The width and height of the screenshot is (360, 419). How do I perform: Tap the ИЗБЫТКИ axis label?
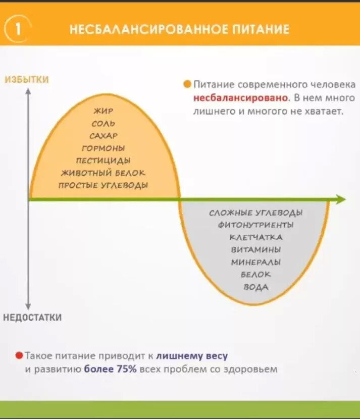pyautogui.click(x=26, y=80)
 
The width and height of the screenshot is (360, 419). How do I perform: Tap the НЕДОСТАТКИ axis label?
pyautogui.click(x=32, y=318)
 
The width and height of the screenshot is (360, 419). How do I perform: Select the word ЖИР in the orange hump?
pyautogui.click(x=104, y=111)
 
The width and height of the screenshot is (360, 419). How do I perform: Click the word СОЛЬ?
pyautogui.click(x=104, y=123)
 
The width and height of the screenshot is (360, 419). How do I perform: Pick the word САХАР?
pyautogui.click(x=104, y=135)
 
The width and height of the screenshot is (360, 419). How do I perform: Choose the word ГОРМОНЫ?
pyautogui.click(x=104, y=148)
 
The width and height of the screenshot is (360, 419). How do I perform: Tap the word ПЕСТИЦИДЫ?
pyautogui.click(x=104, y=160)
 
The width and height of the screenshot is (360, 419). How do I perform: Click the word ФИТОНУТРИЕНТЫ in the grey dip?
pyautogui.click(x=256, y=225)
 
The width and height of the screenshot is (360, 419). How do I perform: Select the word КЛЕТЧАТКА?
pyautogui.click(x=256, y=237)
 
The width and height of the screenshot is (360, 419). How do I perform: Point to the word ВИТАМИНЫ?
pyautogui.click(x=256, y=249)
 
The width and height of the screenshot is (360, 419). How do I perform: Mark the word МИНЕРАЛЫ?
pyautogui.click(x=256, y=262)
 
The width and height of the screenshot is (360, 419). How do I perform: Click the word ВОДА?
pyautogui.click(x=256, y=287)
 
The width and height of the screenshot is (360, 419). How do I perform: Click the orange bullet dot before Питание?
pyautogui.click(x=187, y=84)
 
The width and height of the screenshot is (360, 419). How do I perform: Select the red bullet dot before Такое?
pyautogui.click(x=19, y=356)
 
